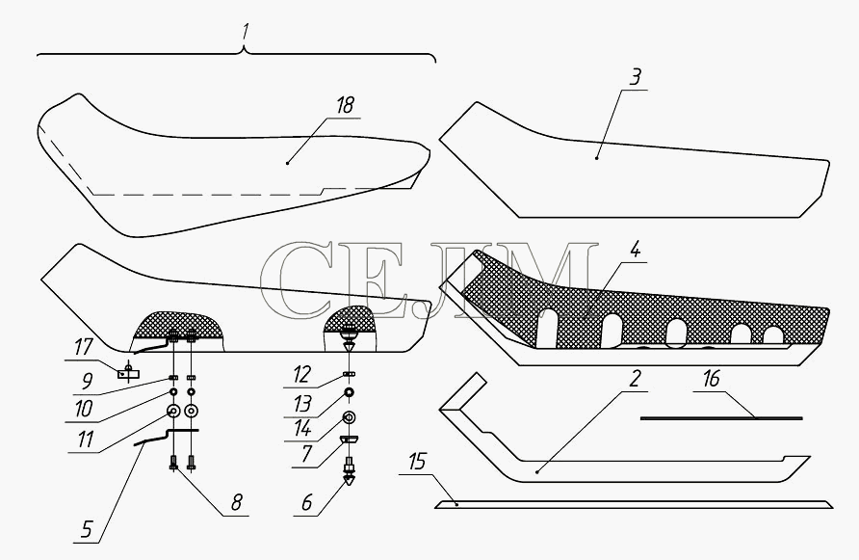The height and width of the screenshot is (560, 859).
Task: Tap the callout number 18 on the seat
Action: (x=345, y=105)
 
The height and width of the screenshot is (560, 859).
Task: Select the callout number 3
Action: (x=635, y=77)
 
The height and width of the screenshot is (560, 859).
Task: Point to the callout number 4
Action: (x=635, y=250)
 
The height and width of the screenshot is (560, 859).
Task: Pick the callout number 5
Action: (x=87, y=530)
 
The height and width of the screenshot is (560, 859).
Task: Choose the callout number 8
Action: (x=236, y=502)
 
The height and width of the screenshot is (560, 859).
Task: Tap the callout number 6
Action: (x=307, y=502)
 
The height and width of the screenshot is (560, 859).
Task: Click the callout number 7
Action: (x=305, y=454)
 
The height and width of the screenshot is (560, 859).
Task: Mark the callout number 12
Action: (x=301, y=375)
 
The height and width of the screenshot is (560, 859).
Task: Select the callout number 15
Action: (x=417, y=462)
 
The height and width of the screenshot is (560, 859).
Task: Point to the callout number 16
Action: (x=711, y=379)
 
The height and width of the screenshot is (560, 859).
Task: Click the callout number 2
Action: (x=635, y=379)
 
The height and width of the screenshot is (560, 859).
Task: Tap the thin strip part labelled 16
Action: (x=721, y=418)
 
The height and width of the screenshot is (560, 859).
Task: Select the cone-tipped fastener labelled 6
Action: (x=349, y=473)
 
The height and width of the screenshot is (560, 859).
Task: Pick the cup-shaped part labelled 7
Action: (x=349, y=440)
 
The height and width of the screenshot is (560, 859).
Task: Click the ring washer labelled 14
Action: (x=349, y=417)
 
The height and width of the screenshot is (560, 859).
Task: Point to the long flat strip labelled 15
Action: (x=634, y=504)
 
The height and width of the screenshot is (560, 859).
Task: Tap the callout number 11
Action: (x=86, y=440)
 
